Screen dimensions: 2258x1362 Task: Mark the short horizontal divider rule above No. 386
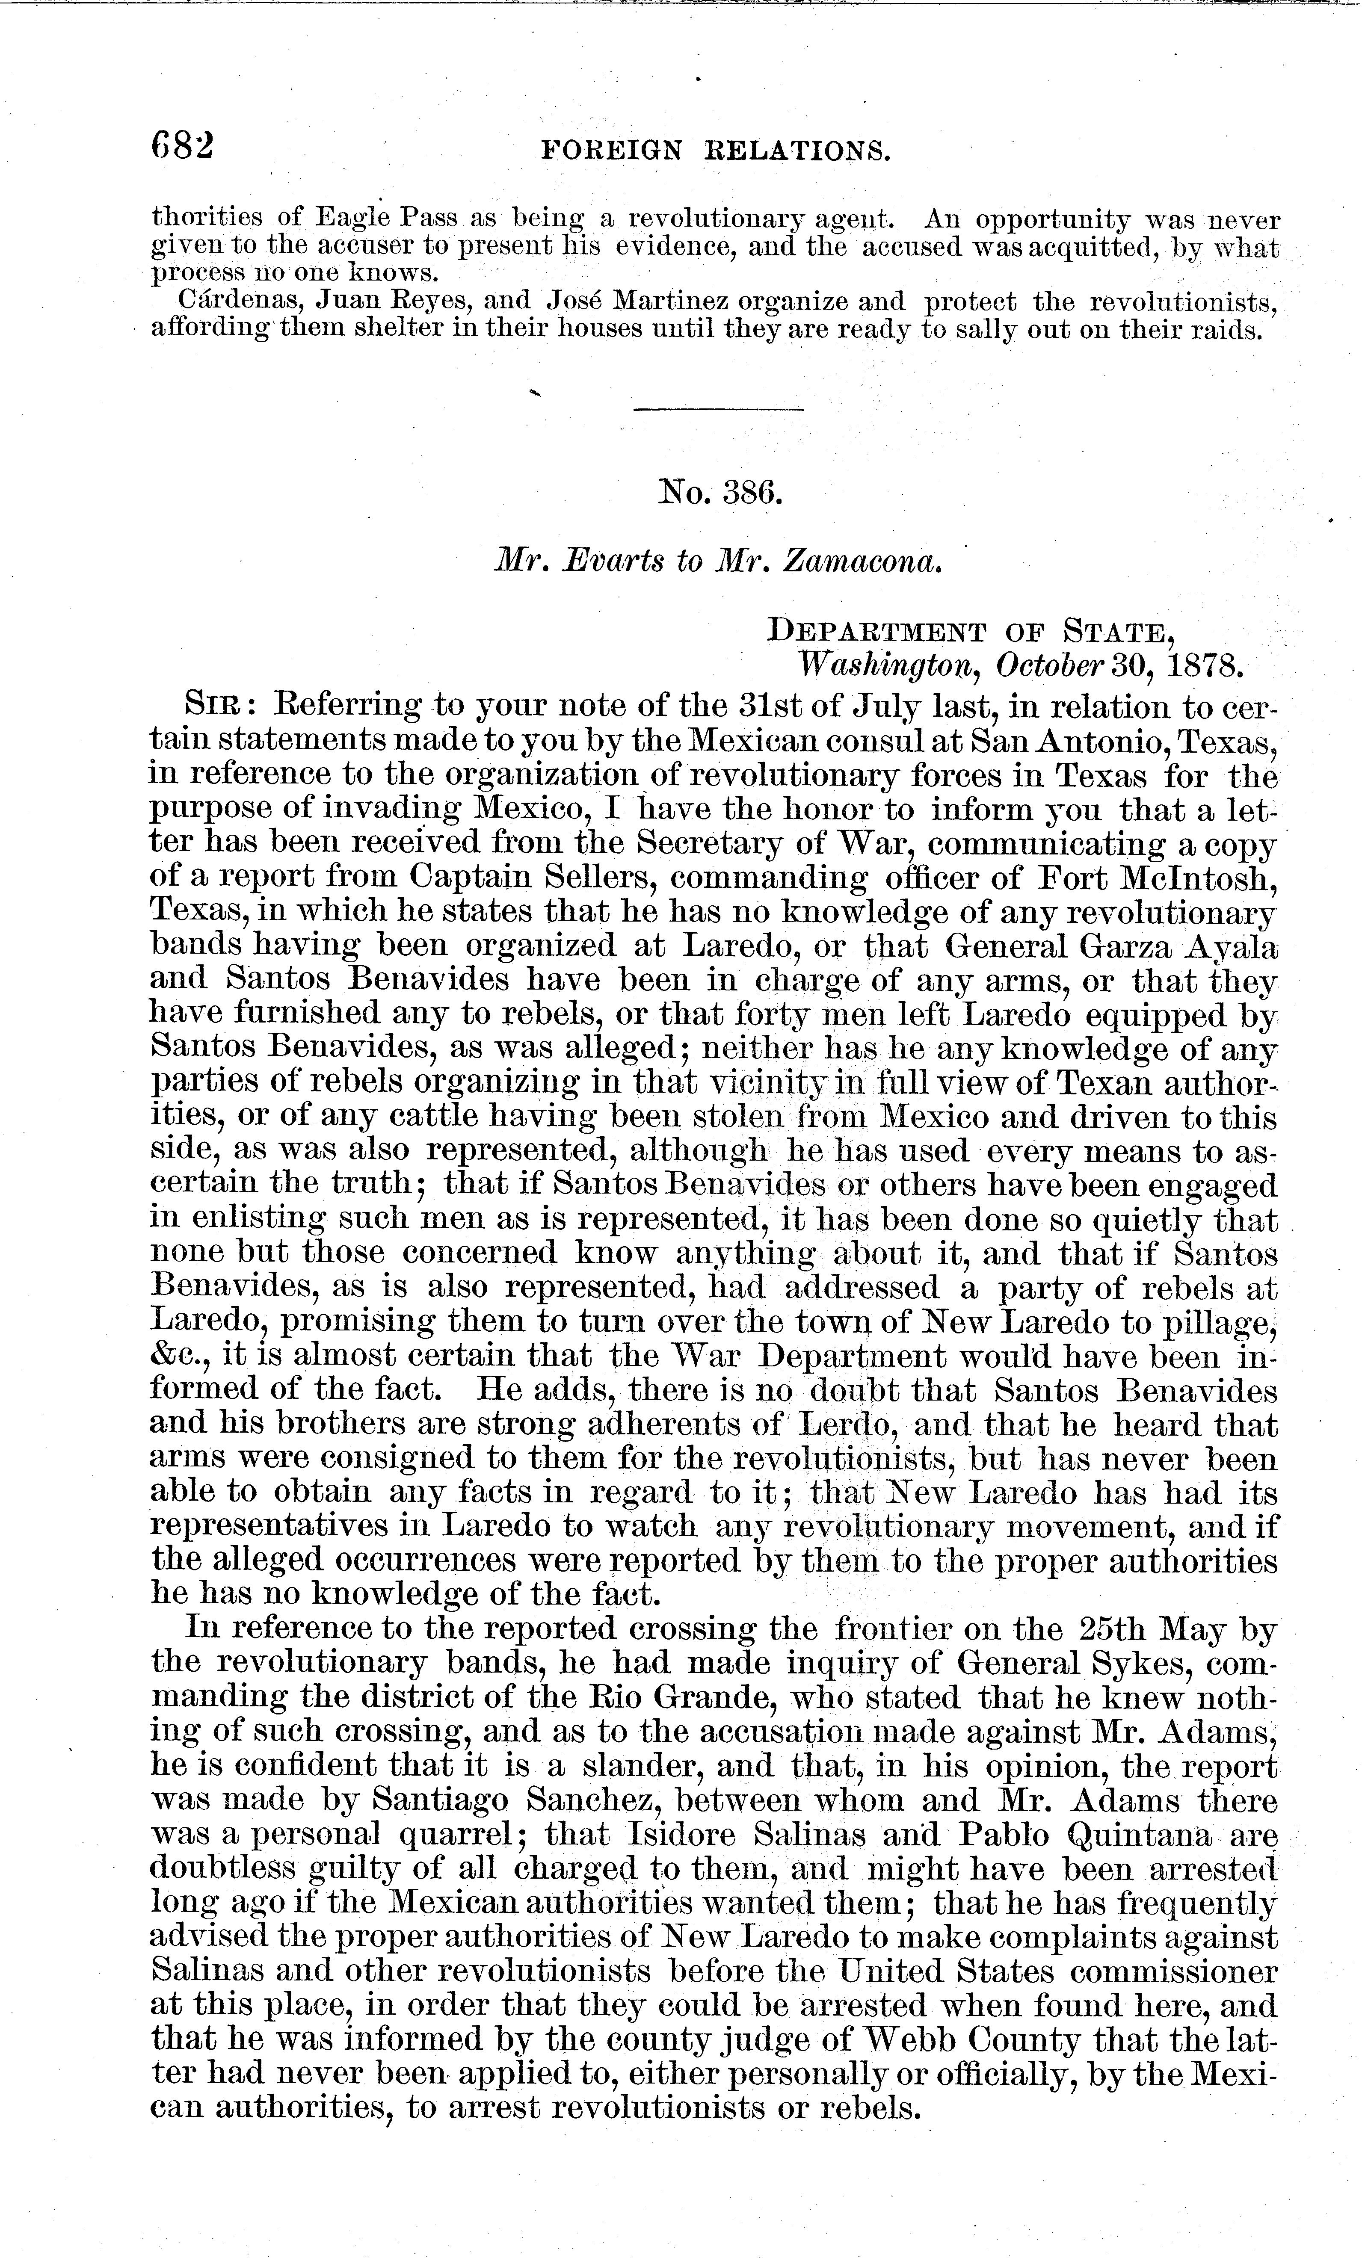pyautogui.click(x=719, y=409)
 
